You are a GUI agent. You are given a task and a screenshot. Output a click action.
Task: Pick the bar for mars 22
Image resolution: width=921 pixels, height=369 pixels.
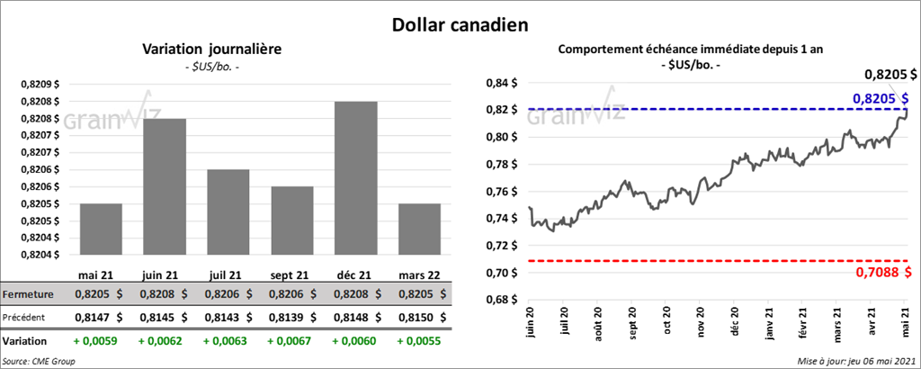(419, 229)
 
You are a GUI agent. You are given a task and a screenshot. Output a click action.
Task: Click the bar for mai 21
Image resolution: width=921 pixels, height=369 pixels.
(101, 229)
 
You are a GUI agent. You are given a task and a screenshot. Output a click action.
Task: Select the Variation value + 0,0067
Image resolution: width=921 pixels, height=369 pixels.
(291, 342)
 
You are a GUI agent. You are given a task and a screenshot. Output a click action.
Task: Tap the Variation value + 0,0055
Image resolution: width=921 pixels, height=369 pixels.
(418, 342)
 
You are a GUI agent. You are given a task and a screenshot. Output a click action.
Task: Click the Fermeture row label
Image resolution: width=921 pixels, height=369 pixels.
(28, 294)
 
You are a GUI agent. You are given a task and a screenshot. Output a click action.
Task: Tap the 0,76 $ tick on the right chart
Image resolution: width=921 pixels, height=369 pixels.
(505, 191)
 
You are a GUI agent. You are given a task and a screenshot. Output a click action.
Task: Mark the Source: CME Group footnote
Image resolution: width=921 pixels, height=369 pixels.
(39, 361)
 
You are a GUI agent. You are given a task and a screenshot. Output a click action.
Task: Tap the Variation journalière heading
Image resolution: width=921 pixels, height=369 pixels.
(211, 49)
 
